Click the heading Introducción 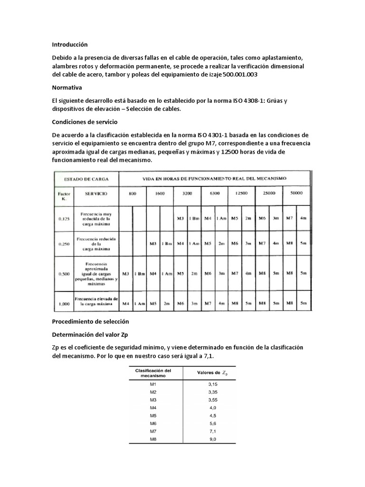click(x=70, y=44)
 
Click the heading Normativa click(x=67, y=88)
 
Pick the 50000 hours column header click(x=297, y=195)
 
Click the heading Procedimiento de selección click(x=90, y=321)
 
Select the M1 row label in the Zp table click(x=153, y=383)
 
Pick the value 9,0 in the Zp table click(x=212, y=439)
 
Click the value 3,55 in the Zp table click(x=212, y=399)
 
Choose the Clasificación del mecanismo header click(x=153, y=372)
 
